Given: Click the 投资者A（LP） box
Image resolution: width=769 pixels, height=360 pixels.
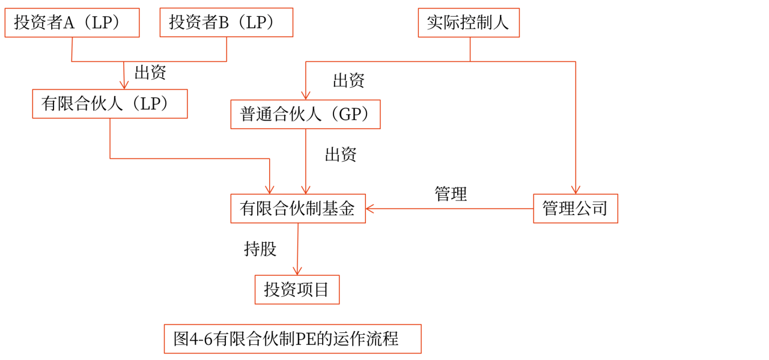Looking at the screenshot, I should click(72, 23).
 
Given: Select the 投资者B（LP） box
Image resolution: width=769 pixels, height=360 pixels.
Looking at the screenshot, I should click(226, 23).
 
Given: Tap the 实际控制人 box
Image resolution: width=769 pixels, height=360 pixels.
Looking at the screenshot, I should click(469, 23).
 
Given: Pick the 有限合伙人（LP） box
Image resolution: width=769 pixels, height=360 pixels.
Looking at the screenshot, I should click(110, 104).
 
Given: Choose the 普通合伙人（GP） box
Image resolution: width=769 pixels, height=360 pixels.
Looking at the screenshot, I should click(305, 114).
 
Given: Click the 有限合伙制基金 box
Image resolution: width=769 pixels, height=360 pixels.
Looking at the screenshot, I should click(298, 209).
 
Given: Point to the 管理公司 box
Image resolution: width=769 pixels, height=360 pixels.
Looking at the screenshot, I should click(575, 209).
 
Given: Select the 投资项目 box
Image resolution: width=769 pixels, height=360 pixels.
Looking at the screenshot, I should click(297, 290).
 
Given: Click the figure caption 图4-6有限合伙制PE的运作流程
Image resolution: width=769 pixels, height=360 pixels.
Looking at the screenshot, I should click(293, 339).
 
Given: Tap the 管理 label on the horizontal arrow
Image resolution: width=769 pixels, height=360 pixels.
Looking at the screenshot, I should click(451, 194).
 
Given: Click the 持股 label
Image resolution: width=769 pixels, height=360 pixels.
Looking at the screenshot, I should click(260, 248).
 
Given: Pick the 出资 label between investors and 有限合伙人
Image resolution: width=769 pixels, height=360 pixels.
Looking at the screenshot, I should click(150, 73).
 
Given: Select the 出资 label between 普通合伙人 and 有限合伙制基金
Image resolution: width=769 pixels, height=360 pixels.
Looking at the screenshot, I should click(341, 154).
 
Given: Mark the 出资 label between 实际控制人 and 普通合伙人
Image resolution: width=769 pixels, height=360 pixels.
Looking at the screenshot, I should click(348, 81).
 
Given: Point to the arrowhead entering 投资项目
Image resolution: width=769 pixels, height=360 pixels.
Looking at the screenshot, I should click(297, 271).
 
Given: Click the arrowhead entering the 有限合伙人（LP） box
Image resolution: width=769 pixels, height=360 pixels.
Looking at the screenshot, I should click(124, 85).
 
